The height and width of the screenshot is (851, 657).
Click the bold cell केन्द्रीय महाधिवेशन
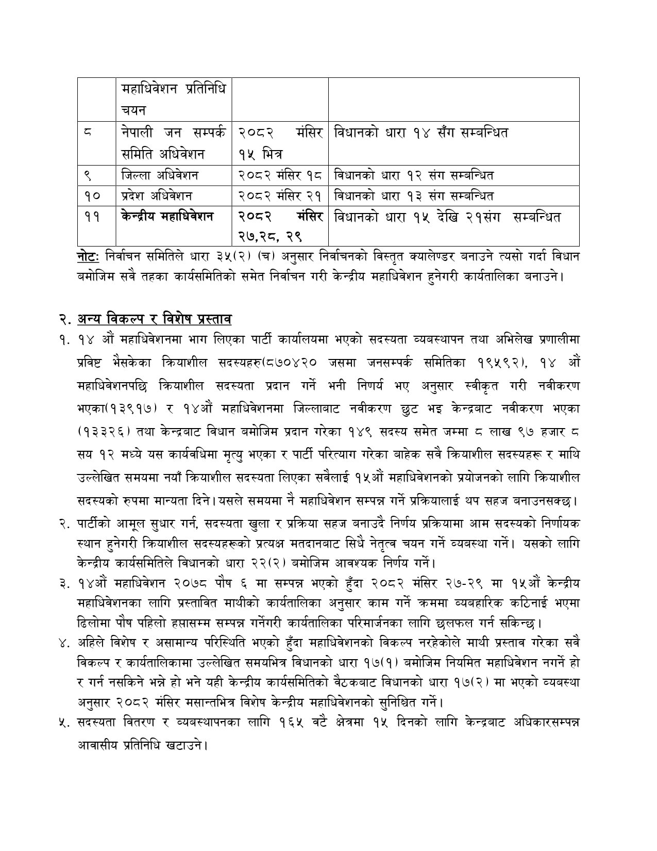point(167,217)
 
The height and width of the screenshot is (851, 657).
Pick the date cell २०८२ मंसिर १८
point(280,175)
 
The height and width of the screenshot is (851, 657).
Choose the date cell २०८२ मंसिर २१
point(280,196)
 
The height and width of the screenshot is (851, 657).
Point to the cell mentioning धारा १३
point(414,196)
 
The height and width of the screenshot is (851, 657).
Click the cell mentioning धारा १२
point(414,175)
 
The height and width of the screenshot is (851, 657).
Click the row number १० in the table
point(91,196)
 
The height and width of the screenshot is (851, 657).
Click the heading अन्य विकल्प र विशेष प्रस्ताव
point(154,320)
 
